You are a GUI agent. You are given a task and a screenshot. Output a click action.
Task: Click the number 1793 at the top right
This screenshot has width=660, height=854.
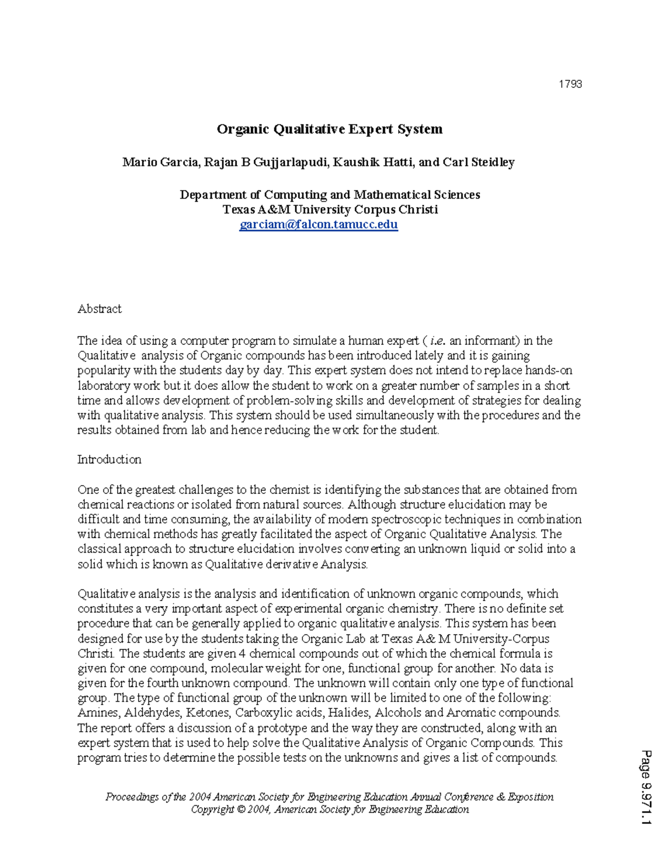570,84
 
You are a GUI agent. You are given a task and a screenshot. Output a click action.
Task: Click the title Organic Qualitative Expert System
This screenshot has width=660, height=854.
329,129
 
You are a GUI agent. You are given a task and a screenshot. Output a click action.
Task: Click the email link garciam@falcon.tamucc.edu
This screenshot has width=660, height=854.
318,224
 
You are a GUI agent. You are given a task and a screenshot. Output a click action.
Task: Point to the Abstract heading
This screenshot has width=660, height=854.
100,309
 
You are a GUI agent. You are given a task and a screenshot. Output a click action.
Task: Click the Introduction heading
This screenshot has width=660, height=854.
109,460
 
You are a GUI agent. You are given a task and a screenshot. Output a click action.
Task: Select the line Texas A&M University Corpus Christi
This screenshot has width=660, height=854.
330,210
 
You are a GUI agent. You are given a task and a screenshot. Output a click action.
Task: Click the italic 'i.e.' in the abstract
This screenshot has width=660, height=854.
437,341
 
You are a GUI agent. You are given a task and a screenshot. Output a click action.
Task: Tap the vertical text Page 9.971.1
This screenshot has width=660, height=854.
646,786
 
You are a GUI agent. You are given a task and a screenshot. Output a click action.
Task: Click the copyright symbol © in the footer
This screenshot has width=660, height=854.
241,809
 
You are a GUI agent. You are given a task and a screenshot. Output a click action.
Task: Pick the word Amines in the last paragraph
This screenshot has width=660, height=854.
98,713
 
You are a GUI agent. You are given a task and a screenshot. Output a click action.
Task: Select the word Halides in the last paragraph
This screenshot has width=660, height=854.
351,713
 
